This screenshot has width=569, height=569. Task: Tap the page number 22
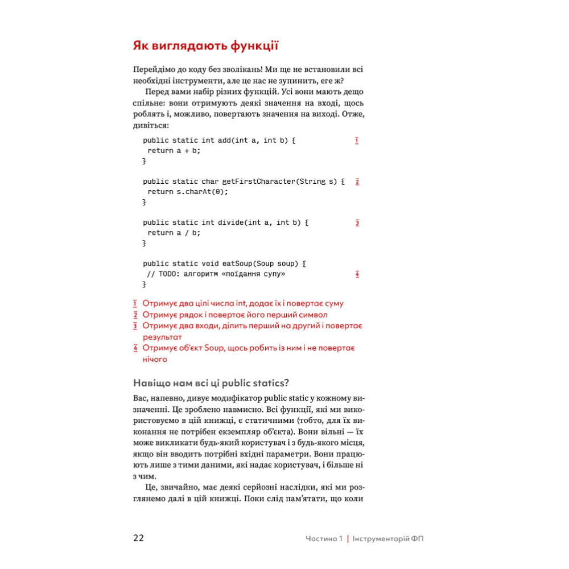click(x=138, y=538)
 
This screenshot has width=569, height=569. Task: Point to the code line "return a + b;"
click(x=174, y=151)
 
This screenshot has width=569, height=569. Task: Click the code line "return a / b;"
click(x=174, y=233)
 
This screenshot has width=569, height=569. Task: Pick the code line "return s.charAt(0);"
click(x=187, y=192)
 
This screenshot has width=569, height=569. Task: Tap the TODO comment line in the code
click(x=216, y=274)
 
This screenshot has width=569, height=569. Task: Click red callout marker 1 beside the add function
click(x=357, y=141)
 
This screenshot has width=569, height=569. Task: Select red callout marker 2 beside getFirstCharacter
click(x=357, y=182)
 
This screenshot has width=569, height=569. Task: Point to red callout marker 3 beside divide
click(x=357, y=223)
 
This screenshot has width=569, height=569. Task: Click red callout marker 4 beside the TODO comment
click(x=357, y=274)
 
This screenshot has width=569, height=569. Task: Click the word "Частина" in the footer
click(x=320, y=539)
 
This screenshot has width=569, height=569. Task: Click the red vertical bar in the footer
click(x=348, y=539)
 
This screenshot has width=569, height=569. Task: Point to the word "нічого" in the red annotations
click(x=155, y=359)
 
